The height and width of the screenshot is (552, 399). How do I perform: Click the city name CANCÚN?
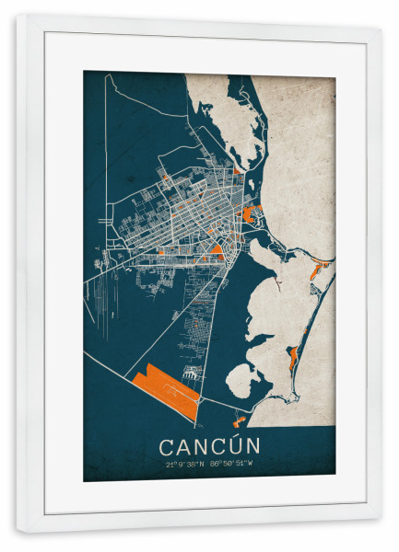click(x=209, y=445)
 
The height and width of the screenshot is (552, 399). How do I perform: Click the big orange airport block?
click(x=167, y=390)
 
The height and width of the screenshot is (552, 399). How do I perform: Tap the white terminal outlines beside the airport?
click(x=193, y=374)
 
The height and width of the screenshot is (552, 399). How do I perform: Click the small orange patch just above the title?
click(x=240, y=421)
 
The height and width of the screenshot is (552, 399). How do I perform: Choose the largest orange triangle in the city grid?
click(x=217, y=248)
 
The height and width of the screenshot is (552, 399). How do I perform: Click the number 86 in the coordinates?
click(x=215, y=465)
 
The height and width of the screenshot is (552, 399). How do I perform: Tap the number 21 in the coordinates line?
click(x=170, y=465)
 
